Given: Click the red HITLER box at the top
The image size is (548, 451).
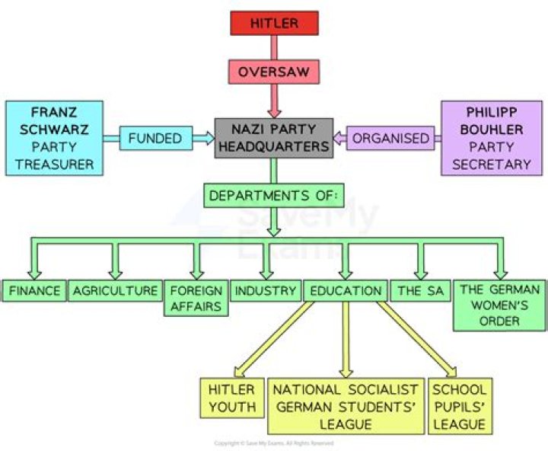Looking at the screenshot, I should [274, 23].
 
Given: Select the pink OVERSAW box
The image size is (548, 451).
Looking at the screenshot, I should [273, 72].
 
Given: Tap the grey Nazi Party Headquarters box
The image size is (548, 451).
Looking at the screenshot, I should [273, 138].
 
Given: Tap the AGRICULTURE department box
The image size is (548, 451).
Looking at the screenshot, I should [115, 290].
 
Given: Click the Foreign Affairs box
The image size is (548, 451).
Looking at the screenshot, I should [196, 298].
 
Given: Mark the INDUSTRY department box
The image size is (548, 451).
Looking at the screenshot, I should [265, 290].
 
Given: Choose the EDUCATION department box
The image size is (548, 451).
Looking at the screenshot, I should [345, 290].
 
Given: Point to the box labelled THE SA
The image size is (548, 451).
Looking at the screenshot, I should [419, 290].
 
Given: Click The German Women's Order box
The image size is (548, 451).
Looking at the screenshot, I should [499, 305].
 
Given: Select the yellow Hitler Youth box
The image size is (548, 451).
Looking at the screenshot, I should [231, 398].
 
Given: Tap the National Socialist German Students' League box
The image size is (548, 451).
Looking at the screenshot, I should [346, 405].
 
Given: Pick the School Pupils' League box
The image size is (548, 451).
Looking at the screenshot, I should [458, 405].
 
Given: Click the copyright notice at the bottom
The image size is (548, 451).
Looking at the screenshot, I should [273, 443].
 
